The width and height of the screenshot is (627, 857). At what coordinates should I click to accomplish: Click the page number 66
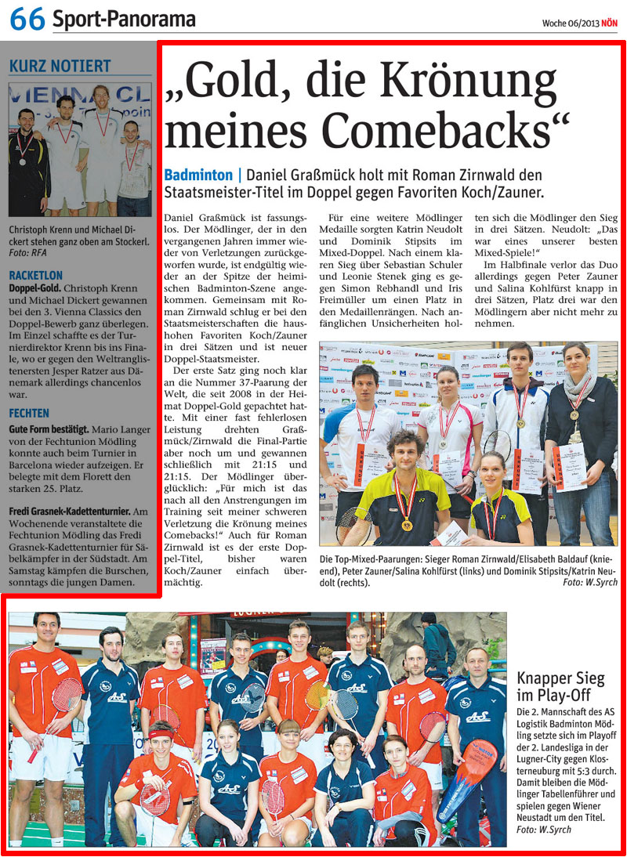(x=27, y=20)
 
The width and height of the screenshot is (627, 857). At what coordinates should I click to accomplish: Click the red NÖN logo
(x=609, y=24)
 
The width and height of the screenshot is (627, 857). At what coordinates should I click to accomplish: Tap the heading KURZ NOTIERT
(x=60, y=67)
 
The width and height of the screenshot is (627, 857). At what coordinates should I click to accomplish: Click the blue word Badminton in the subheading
(x=198, y=175)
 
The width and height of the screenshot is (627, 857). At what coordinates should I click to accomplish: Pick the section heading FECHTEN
(x=29, y=413)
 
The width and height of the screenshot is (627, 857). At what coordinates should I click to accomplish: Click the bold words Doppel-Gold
(x=35, y=288)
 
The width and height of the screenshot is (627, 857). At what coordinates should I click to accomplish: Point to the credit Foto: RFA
(x=28, y=253)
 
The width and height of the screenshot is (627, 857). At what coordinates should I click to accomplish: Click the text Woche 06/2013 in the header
(x=570, y=24)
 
